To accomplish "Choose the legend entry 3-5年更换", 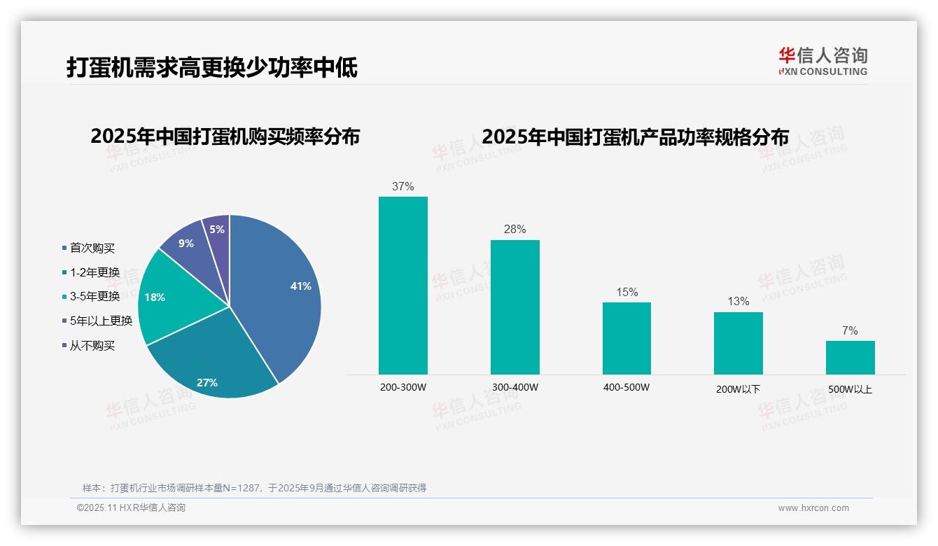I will click(94, 296).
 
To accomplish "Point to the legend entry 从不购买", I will click(92, 345).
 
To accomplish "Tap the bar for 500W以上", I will click(850, 358).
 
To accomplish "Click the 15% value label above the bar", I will click(626, 293).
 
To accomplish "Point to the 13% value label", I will click(738, 302).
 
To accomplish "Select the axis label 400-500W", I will click(626, 388).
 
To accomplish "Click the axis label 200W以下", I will click(738, 389).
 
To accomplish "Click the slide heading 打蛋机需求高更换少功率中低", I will click(212, 67).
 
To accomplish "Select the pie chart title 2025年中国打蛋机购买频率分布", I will click(225, 136).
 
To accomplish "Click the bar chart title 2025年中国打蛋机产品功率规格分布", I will click(635, 136).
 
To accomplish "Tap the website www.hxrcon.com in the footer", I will click(813, 508).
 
